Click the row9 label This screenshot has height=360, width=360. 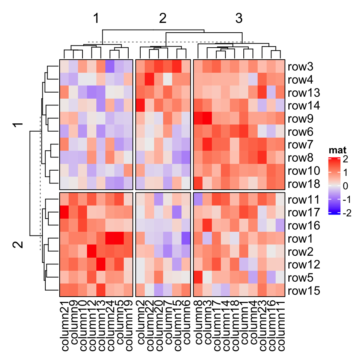pos(300,119)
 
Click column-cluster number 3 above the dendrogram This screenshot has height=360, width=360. pos(239,19)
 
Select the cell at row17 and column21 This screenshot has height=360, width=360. pos(64,213)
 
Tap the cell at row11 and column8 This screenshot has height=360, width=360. pos(198,199)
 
